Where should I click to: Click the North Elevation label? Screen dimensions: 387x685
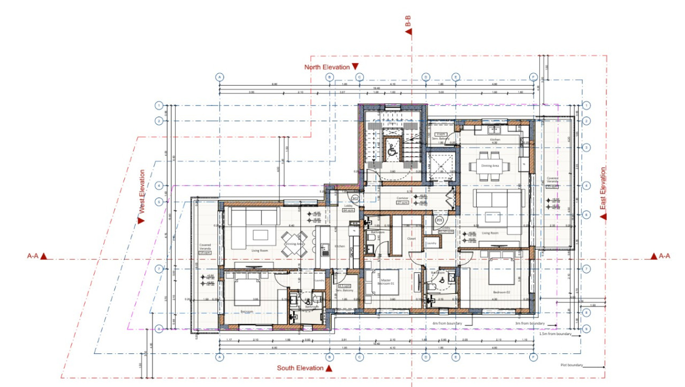326,67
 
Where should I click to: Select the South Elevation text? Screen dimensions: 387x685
300,368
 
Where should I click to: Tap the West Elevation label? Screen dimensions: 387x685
142,192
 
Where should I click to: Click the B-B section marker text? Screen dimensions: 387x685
408,21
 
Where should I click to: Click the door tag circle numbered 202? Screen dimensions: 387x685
355,199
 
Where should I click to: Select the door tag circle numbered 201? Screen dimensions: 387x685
439,220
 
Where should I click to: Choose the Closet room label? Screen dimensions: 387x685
411,239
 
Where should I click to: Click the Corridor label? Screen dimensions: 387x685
402,199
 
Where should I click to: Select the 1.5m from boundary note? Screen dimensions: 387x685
555,333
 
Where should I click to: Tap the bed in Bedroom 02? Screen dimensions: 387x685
501,270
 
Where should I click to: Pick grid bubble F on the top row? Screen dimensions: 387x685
533,77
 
